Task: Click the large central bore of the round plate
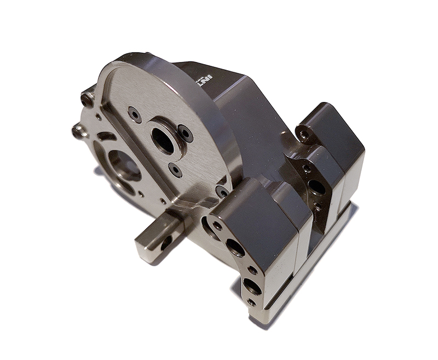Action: click(163, 141)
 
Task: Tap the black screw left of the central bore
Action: click(135, 114)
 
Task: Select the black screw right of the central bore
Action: click(185, 133)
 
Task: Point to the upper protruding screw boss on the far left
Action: click(87, 99)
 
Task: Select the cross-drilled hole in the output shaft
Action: click(165, 243)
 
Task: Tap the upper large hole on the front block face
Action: click(236, 248)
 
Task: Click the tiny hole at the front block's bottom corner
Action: click(251, 302)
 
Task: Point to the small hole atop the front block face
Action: click(218, 225)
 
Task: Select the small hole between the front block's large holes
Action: click(252, 270)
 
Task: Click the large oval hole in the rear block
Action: click(317, 188)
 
